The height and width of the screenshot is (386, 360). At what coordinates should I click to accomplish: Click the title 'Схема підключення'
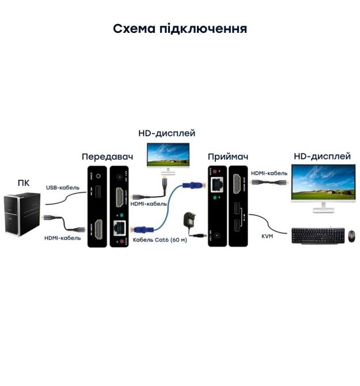click(180, 29)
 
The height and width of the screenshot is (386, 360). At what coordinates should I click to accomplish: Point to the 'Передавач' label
click(107, 156)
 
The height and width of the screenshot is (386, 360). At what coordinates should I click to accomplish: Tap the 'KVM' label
click(267, 236)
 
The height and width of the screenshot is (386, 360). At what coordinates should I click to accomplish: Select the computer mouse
click(351, 235)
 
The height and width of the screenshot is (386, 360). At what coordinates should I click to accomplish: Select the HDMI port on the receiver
click(237, 186)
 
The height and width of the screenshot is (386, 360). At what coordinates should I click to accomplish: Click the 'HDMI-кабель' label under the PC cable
click(62, 238)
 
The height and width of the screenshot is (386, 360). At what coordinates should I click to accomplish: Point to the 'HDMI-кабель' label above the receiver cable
click(269, 172)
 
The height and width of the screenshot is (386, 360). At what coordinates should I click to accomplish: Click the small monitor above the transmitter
click(168, 154)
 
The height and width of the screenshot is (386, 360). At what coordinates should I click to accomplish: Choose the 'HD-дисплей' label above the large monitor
click(322, 156)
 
